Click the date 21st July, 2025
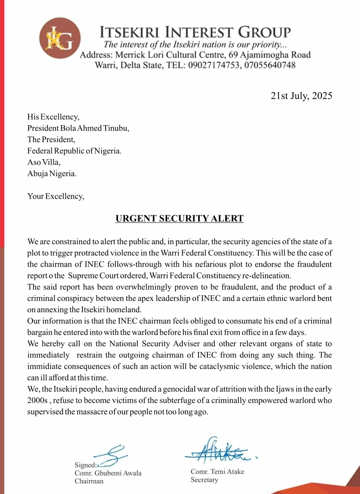(301, 97)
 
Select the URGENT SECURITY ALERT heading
(180, 218)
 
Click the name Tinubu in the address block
(115, 128)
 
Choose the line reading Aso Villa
(44, 163)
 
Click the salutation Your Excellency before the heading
(56, 196)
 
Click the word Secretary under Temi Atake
(205, 480)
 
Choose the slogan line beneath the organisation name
(185, 45)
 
